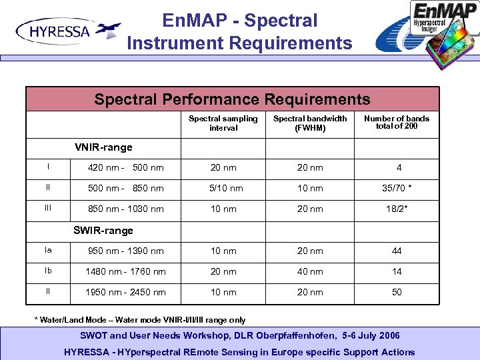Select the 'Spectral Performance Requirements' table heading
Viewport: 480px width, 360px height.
[232, 99]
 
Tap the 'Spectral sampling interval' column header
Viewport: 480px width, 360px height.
[223, 123]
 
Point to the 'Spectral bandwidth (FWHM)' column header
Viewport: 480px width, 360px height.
[310, 123]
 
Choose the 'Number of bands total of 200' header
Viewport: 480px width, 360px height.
[397, 122]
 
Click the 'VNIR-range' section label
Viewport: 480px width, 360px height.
[103, 147]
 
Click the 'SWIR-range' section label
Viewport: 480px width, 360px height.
[103, 231]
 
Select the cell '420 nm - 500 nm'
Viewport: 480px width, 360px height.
[126, 167]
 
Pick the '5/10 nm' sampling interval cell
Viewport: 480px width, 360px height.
[226, 188]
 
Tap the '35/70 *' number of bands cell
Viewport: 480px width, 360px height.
[397, 188]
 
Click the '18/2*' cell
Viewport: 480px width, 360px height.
[397, 209]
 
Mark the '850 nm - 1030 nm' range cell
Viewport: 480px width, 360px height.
[126, 209]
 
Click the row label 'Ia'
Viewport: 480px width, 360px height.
[48, 250]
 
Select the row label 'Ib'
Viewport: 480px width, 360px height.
[48, 271]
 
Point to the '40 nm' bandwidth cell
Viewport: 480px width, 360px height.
[310, 271]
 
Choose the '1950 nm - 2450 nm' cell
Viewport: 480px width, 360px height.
[126, 292]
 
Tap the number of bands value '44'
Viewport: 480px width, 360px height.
[397, 251]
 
